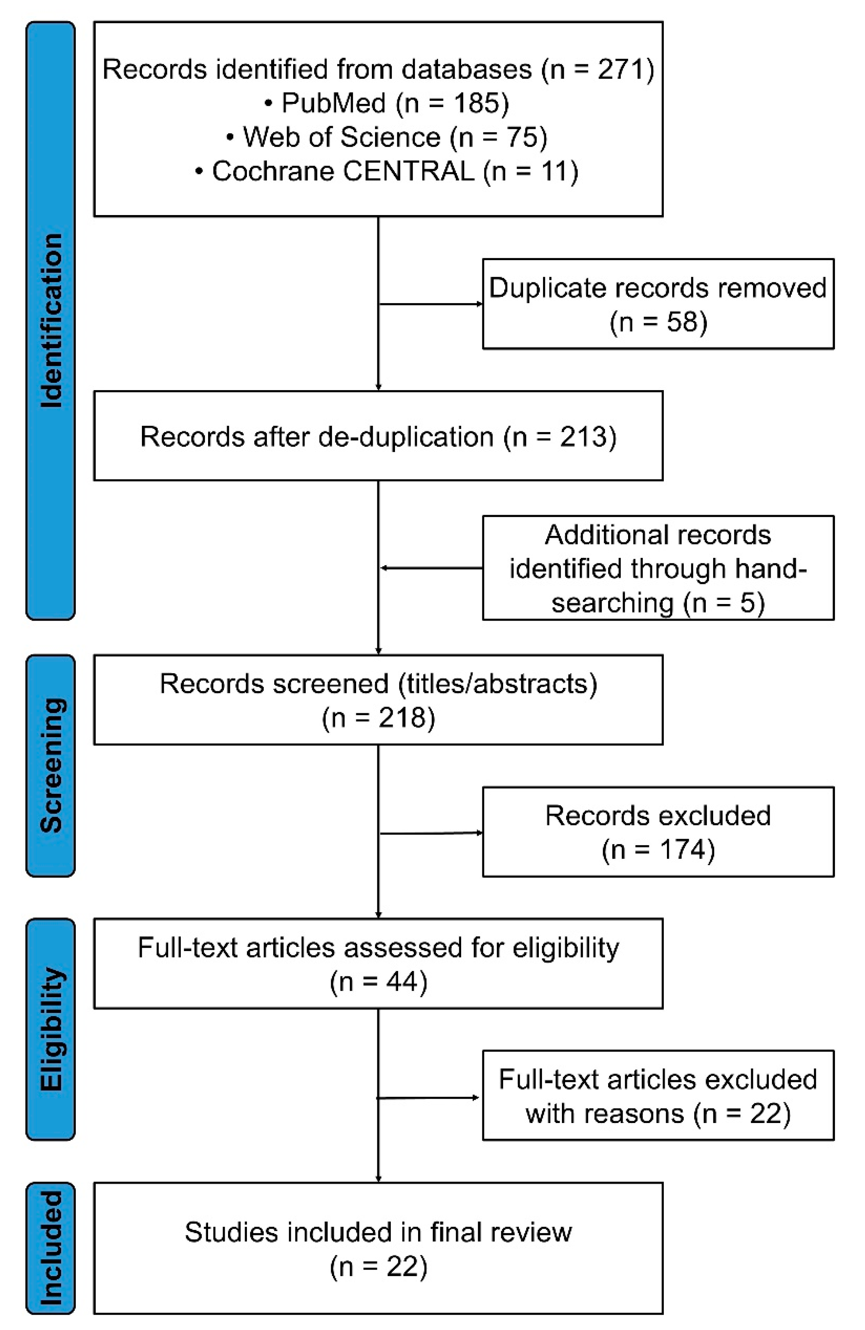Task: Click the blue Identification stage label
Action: click(50, 320)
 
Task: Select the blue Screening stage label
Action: click(50, 766)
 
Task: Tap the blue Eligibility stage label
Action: click(50, 1029)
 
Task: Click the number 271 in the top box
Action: click(617, 69)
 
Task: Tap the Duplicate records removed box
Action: click(658, 304)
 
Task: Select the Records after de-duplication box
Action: click(378, 436)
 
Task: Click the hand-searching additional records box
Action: click(658, 568)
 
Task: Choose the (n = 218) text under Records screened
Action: click(378, 718)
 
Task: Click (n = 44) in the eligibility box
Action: click(378, 981)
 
